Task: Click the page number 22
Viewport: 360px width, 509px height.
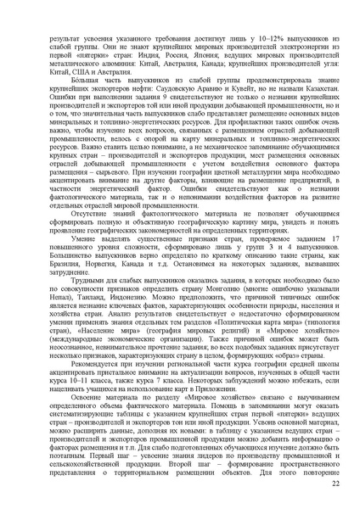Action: click(x=308, y=483)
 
